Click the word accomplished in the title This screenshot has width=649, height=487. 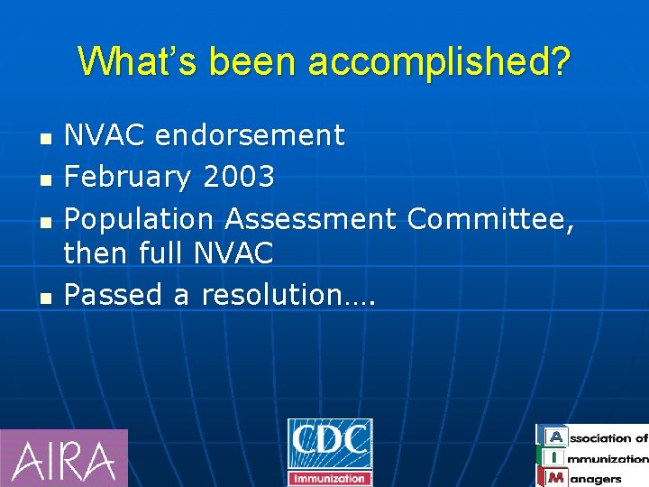coord(439,62)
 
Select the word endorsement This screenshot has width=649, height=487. coord(250,135)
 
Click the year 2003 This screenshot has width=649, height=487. coord(239,177)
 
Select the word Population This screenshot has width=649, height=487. coord(140,218)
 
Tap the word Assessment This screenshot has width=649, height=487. coord(310,218)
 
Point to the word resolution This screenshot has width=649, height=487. coord(288,294)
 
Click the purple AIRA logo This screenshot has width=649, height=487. coord(64,458)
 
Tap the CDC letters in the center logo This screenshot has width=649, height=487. coord(330,443)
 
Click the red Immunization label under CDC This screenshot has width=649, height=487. coord(330,478)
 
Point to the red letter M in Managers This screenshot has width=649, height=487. coord(556,478)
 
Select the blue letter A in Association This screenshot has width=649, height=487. coord(556,437)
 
